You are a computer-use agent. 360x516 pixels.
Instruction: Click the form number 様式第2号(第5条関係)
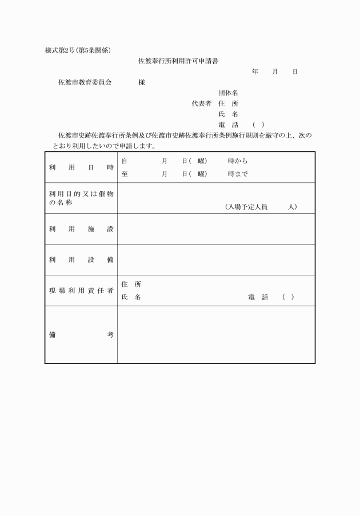(82, 50)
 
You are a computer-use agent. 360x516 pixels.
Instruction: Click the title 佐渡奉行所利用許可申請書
(179, 60)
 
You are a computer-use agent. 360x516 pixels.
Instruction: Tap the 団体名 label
(228, 93)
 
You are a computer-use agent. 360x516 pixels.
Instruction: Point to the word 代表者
(201, 103)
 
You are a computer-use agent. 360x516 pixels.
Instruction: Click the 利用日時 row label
(81, 167)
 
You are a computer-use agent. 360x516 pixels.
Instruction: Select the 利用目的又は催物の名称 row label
(81, 198)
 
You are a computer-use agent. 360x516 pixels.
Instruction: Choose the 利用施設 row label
(81, 229)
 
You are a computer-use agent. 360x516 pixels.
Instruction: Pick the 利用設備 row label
(81, 260)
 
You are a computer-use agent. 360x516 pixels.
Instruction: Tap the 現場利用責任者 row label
(81, 291)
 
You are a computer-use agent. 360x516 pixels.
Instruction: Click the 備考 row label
(81, 335)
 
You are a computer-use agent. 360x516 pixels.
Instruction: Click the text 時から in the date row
(238, 161)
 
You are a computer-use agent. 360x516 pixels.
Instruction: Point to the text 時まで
(238, 174)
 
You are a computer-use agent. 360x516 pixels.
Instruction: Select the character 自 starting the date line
(125, 161)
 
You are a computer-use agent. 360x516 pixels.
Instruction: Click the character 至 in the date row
(125, 174)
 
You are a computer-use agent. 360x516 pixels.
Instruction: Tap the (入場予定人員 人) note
(261, 207)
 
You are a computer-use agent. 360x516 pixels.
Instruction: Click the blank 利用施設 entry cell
(216, 229)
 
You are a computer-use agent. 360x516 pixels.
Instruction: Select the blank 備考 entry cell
(216, 335)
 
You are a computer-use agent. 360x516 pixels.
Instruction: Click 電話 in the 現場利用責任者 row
(258, 298)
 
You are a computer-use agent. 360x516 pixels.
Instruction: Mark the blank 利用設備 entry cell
(216, 260)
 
